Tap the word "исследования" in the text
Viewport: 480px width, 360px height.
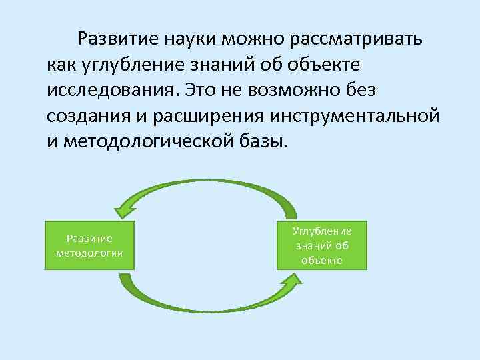[111, 89]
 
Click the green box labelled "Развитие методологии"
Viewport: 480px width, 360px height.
[89, 245]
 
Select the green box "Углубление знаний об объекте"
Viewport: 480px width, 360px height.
[322, 245]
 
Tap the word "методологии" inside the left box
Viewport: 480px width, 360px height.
[89, 252]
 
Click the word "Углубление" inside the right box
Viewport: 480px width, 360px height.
[322, 231]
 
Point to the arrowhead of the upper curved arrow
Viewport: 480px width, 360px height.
[123, 211]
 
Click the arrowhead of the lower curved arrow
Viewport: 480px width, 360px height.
[291, 274]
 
